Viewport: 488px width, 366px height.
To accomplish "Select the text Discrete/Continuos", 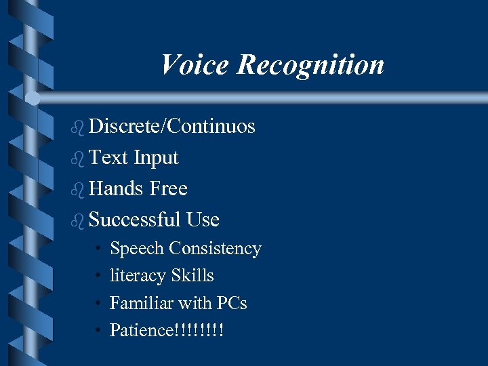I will click(x=171, y=127).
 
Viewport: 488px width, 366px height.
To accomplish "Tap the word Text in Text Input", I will click(x=108, y=158).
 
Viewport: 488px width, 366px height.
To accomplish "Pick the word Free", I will click(x=168, y=188).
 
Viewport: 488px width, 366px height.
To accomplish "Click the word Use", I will click(x=203, y=220).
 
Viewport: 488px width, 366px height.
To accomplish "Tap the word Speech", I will click(x=137, y=249).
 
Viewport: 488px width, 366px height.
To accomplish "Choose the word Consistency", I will click(x=216, y=249).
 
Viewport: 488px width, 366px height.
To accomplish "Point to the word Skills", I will click(x=192, y=276).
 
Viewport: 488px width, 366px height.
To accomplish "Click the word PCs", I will click(x=232, y=303).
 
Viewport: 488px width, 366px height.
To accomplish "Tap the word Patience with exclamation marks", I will click(x=167, y=330).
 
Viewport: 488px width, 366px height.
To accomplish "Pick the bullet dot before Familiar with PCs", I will click(x=98, y=304).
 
